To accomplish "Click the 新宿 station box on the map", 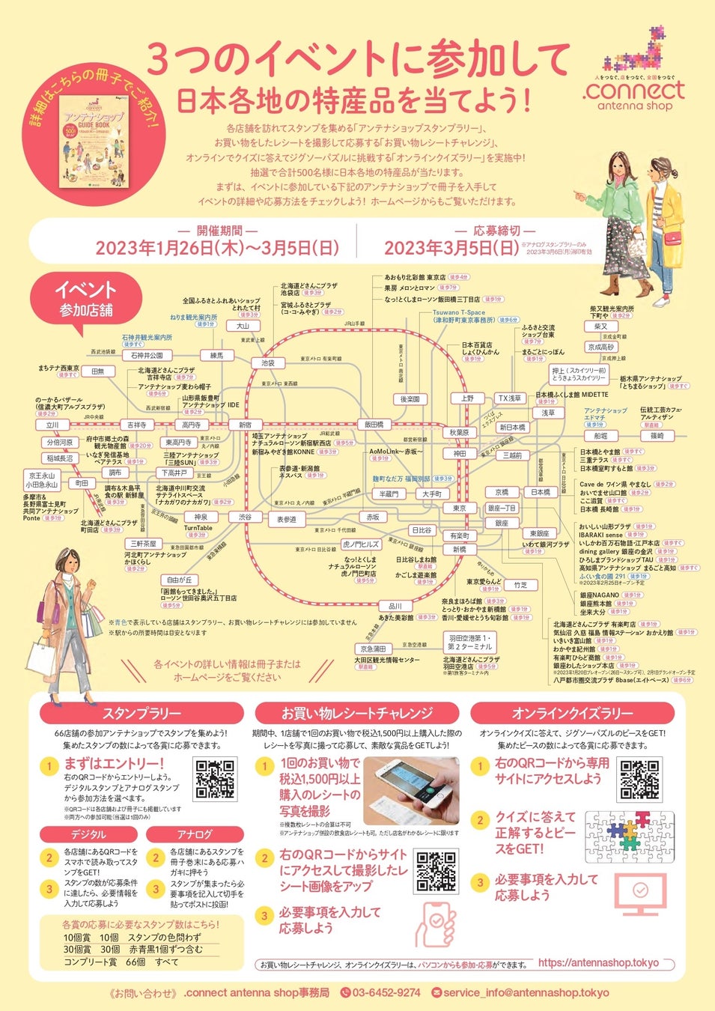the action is (246, 425).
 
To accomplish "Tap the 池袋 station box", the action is (267, 363).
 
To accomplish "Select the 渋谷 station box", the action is (246, 517).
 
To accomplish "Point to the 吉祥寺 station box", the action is (136, 425).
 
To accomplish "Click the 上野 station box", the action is (467, 398).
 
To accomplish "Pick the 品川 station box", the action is (395, 606).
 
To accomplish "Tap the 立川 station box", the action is (52, 425).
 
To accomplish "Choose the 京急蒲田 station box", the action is (373, 649).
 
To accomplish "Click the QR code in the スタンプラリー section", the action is (216, 780).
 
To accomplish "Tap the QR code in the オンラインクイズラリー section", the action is (640, 780).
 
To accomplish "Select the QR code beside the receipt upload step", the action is (436, 871).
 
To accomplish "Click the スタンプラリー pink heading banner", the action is (142, 713).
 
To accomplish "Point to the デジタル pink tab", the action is (88, 834).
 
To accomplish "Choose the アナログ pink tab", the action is (195, 834).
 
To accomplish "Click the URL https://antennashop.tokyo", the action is (598, 963).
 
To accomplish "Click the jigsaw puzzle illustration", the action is (629, 836).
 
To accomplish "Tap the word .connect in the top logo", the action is (633, 91).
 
